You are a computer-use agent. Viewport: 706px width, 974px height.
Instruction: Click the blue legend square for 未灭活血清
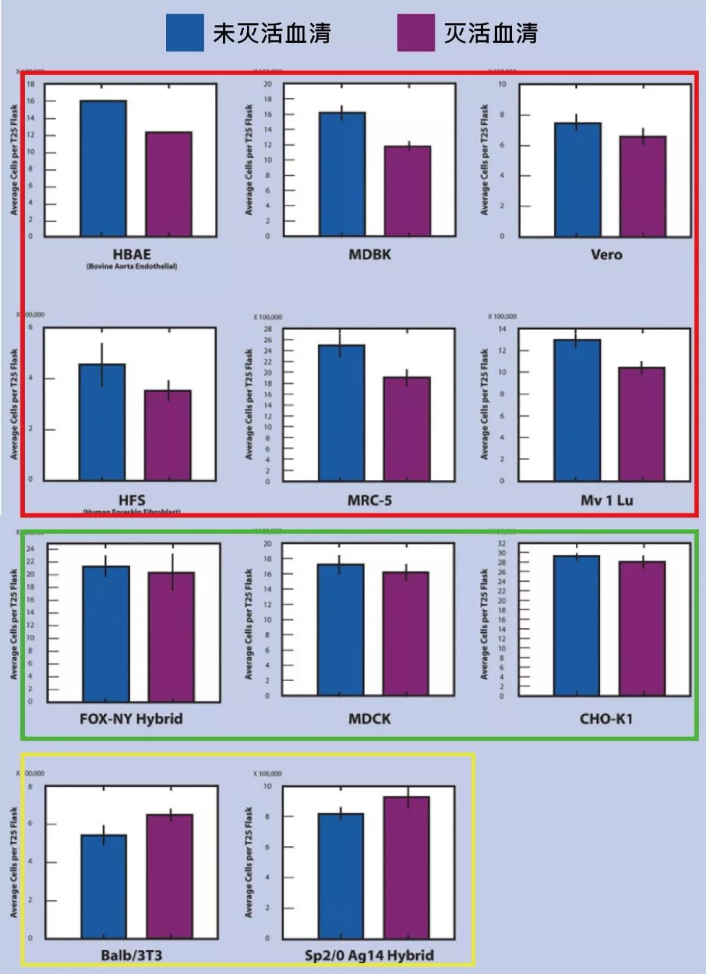point(184,33)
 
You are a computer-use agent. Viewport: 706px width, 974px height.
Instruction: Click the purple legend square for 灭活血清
point(416,33)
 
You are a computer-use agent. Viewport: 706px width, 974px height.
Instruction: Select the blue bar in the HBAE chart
point(103,169)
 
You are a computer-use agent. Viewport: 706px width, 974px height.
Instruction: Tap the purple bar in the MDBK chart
point(407,191)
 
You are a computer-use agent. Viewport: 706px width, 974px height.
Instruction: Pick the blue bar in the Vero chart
point(578,180)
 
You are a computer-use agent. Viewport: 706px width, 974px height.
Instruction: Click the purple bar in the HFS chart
point(168,435)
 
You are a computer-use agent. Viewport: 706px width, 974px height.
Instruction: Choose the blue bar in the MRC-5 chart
point(341,413)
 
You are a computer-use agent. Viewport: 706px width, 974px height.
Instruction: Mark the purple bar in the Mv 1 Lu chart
point(642,424)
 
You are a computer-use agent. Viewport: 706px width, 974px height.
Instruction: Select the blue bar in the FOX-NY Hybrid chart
point(106,634)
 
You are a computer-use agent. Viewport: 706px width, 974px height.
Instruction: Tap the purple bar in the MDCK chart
point(406,633)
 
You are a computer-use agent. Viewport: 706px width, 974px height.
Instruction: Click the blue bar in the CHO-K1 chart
point(577,626)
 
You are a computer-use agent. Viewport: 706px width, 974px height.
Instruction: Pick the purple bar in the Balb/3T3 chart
point(170,876)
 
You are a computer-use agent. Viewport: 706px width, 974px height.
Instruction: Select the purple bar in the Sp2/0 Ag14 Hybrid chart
point(407,867)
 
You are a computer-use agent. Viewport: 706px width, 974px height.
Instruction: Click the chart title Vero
point(607,255)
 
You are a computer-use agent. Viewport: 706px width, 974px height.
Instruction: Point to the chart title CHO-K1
point(606,719)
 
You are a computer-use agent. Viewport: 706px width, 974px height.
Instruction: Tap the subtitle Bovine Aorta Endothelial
point(132,267)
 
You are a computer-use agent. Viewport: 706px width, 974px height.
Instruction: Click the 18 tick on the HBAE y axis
point(30,84)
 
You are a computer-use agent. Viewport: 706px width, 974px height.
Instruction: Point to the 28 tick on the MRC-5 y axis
point(267,329)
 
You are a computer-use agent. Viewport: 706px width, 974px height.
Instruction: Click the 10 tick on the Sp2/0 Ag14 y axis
point(267,786)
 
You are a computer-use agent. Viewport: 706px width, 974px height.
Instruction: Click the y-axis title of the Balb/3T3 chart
point(14,862)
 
